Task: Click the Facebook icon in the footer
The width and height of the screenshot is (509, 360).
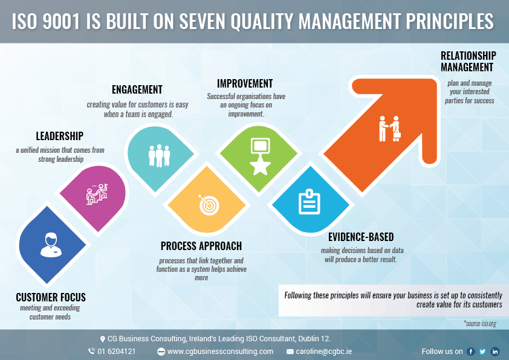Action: click(x=471, y=352)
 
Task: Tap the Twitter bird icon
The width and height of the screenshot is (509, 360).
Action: click(x=483, y=352)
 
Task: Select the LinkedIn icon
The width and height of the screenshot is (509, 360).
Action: click(x=495, y=352)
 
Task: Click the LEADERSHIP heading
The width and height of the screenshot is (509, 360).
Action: click(x=59, y=137)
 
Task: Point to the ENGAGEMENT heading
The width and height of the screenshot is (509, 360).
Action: click(x=137, y=89)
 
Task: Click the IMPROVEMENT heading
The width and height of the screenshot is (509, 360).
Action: click(x=245, y=84)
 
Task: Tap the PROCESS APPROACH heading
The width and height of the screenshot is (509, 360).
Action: click(x=201, y=246)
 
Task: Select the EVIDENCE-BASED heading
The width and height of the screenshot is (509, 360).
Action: click(x=361, y=237)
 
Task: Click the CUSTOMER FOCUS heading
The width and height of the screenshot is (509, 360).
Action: click(x=51, y=297)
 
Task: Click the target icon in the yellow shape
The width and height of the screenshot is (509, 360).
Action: click(x=209, y=205)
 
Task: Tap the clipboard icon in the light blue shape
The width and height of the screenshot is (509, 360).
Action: click(x=310, y=202)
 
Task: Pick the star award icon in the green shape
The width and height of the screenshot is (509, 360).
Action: click(x=260, y=156)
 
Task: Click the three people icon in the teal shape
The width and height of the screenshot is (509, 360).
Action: click(x=159, y=156)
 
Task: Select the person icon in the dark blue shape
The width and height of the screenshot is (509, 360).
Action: click(x=51, y=245)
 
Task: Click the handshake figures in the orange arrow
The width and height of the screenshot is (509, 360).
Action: click(x=390, y=129)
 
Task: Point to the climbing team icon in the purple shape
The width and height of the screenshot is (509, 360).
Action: click(x=97, y=194)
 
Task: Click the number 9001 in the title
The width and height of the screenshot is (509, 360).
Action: click(x=61, y=21)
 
